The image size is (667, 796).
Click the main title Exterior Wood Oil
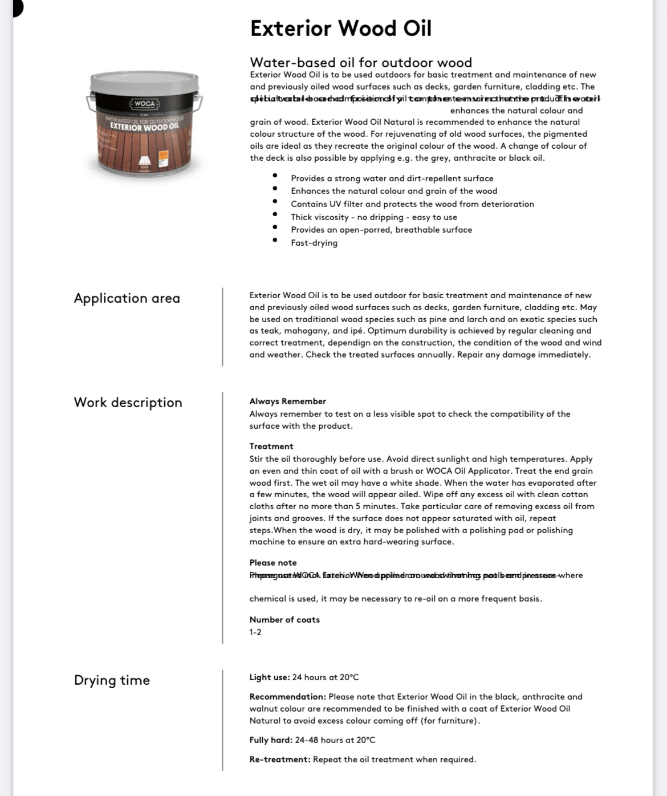tap(340, 29)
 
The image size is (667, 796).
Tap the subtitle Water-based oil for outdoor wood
tap(360, 62)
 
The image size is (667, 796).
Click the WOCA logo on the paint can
tap(145, 104)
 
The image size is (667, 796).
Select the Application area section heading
tap(127, 298)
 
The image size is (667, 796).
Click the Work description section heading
tap(128, 403)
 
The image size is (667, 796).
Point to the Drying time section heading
tap(112, 680)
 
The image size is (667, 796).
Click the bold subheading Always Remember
tap(287, 401)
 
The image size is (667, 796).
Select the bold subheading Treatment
tap(271, 446)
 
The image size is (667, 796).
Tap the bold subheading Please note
tap(273, 563)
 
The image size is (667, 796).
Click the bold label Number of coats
tap(284, 620)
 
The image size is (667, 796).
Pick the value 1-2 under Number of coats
tap(255, 632)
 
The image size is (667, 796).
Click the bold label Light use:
tap(269, 677)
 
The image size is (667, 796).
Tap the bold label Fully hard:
tap(271, 740)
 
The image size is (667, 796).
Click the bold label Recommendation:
tap(287, 697)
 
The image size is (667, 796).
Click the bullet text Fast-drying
tap(314, 243)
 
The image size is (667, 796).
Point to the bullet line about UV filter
tap(412, 204)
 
